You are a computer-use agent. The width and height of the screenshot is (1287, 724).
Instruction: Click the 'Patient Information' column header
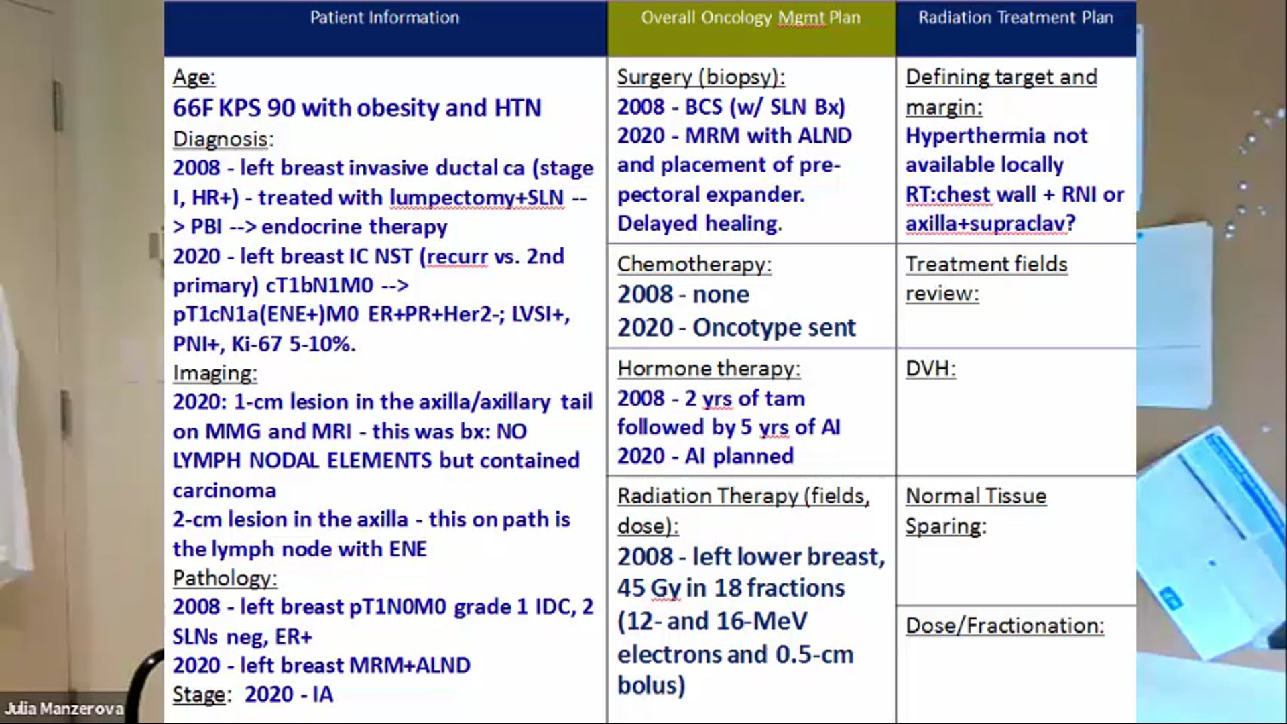click(385, 18)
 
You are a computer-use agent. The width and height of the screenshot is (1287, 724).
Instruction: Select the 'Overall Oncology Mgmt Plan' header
click(750, 18)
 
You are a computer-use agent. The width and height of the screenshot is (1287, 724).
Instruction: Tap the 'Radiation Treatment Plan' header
click(1016, 18)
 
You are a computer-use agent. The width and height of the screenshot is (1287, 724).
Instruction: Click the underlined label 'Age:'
click(194, 78)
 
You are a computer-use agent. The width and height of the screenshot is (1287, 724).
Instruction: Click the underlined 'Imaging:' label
click(214, 373)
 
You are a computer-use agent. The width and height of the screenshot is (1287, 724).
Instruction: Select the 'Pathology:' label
click(225, 578)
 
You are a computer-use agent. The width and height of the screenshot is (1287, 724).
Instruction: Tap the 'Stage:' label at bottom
click(198, 695)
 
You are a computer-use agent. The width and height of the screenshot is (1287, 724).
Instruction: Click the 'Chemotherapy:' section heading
click(694, 265)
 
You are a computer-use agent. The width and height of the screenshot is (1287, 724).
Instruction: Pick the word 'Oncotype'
click(737, 328)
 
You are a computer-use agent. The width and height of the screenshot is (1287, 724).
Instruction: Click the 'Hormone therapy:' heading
click(709, 369)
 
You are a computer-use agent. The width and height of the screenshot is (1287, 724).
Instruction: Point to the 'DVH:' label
click(930, 369)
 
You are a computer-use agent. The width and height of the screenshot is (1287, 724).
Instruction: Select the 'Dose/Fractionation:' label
click(1004, 626)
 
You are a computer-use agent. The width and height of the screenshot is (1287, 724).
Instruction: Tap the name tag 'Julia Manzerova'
click(64, 709)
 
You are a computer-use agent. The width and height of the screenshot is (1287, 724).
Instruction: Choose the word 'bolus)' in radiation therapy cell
click(651, 686)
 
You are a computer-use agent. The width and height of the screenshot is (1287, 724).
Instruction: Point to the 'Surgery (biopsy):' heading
click(700, 78)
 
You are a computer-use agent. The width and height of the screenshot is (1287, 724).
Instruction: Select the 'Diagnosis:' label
click(223, 139)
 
